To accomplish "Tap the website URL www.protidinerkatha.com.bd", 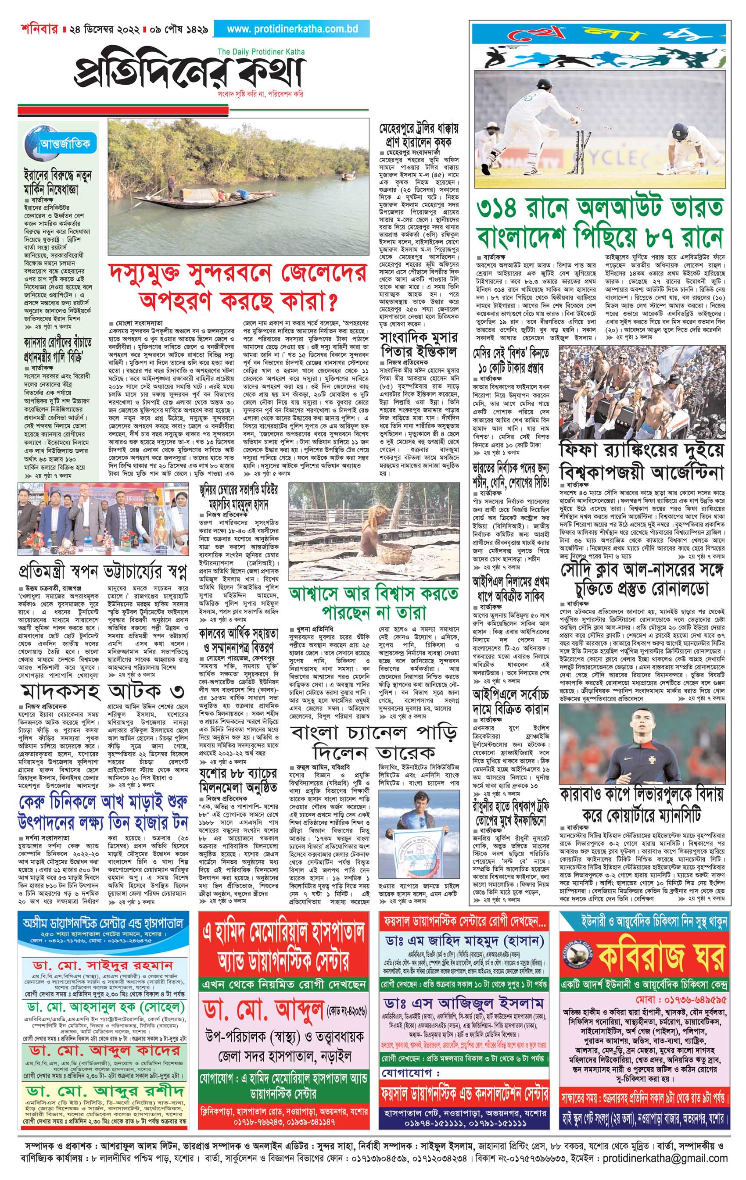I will [292, 29].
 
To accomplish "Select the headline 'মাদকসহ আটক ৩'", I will [103, 691].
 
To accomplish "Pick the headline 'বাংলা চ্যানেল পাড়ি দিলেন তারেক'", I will [374, 741].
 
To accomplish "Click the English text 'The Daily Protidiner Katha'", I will [261, 51].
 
